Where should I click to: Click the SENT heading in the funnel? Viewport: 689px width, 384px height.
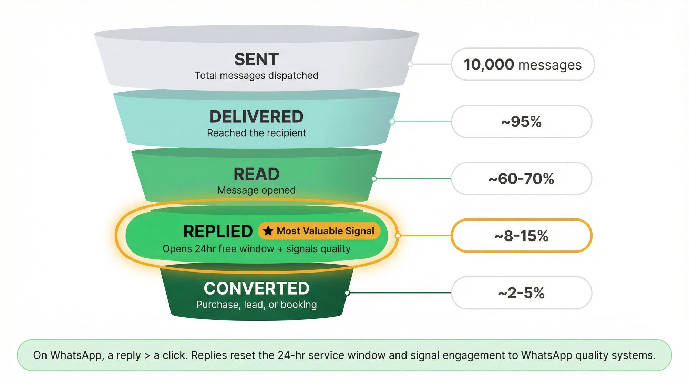pyautogui.click(x=256, y=60)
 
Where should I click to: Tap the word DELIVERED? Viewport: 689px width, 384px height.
pyautogui.click(x=256, y=117)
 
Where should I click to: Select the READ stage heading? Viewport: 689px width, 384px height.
pyautogui.click(x=256, y=174)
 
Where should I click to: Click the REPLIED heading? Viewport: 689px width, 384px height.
pyautogui.click(x=218, y=231)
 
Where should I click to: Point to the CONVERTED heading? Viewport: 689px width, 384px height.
pyautogui.click(x=256, y=289)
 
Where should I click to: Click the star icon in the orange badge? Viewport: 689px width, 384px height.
pyautogui.click(x=268, y=231)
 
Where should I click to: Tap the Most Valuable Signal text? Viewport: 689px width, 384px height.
pyautogui.click(x=325, y=231)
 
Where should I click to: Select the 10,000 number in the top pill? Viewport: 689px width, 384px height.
pyautogui.click(x=489, y=64)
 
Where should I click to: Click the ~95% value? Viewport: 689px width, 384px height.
pyautogui.click(x=521, y=121)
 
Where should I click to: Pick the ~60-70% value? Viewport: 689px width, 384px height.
pyautogui.click(x=521, y=179)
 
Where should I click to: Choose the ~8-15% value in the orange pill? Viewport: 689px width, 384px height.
pyautogui.click(x=521, y=236)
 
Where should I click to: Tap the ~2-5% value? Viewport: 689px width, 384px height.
pyautogui.click(x=521, y=293)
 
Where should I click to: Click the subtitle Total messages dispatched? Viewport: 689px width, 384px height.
pyautogui.click(x=256, y=75)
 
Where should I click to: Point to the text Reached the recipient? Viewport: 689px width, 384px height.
pyautogui.click(x=256, y=133)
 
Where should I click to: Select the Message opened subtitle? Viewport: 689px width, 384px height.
pyautogui.click(x=256, y=190)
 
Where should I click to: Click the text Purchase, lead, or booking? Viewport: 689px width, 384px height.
pyautogui.click(x=256, y=305)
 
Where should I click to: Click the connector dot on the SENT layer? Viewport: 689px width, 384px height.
pyautogui.click(x=410, y=64)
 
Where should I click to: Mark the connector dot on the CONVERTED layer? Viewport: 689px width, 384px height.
pyautogui.click(x=348, y=293)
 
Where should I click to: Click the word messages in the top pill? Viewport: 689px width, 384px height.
pyautogui.click(x=550, y=65)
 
